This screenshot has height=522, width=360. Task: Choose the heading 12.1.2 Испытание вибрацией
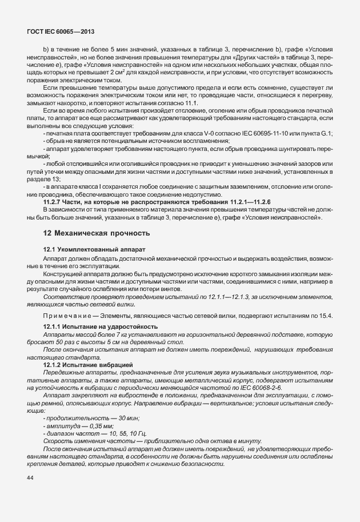pos(88,364)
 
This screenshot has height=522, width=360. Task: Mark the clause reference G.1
pos(327,133)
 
